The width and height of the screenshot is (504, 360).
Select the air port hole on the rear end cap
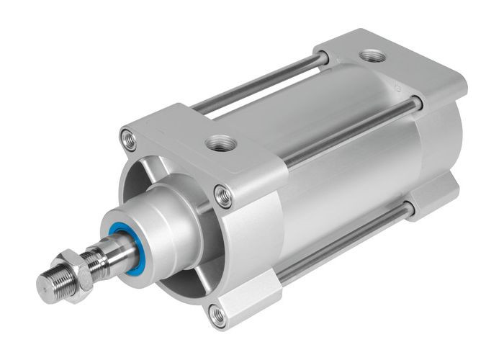pyautogui.click(x=372, y=55)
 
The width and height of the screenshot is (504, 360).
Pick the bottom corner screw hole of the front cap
pyautogui.click(x=218, y=314)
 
